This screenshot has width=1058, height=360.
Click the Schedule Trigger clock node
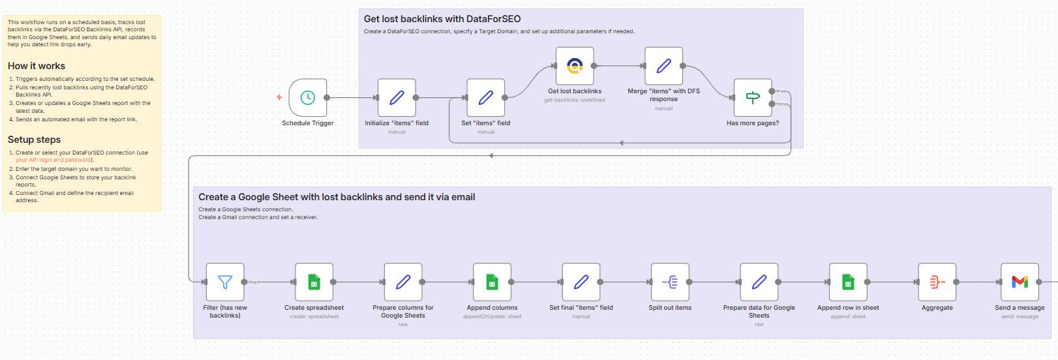pyautogui.click(x=307, y=98)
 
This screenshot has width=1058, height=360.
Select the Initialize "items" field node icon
pyautogui.click(x=397, y=98)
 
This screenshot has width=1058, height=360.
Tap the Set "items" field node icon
pyautogui.click(x=485, y=98)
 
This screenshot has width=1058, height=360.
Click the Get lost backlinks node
pyautogui.click(x=575, y=66)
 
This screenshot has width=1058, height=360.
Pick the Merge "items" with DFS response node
pyautogui.click(x=663, y=66)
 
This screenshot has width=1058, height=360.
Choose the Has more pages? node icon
pyautogui.click(x=753, y=98)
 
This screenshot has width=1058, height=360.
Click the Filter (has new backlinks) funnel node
pyautogui.click(x=225, y=282)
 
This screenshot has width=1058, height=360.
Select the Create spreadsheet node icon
pyautogui.click(x=314, y=282)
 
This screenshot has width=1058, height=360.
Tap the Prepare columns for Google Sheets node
pyautogui.click(x=403, y=282)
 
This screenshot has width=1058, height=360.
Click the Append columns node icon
pyautogui.click(x=492, y=282)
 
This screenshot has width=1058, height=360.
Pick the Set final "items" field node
pyautogui.click(x=581, y=282)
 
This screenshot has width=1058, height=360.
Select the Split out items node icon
pyautogui.click(x=670, y=282)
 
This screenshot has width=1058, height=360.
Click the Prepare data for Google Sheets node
pyautogui.click(x=759, y=282)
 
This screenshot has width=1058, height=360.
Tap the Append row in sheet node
pyautogui.click(x=848, y=282)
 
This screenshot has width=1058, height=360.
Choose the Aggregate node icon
pyautogui.click(x=937, y=282)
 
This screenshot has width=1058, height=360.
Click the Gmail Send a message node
pyautogui.click(x=1020, y=282)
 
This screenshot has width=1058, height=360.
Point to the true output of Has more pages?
pyautogui.click(x=772, y=91)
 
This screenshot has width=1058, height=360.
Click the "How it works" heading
pyautogui.click(x=37, y=66)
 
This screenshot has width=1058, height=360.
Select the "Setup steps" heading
pyautogui.click(x=34, y=140)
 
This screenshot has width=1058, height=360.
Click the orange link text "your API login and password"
pyautogui.click(x=53, y=160)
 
